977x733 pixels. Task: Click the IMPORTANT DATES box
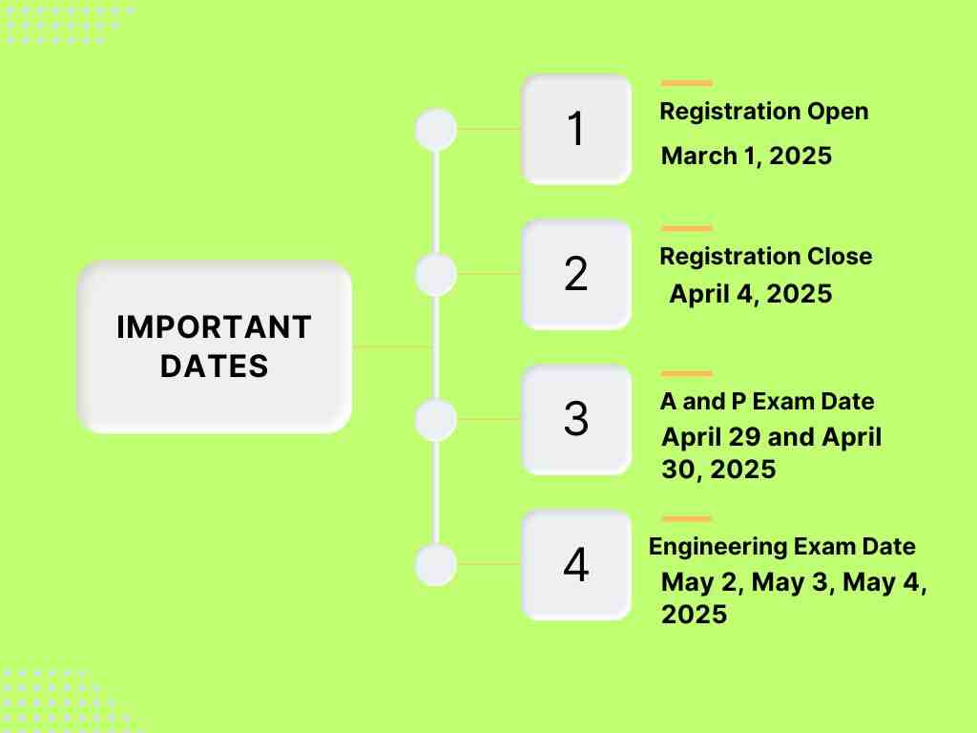point(214,346)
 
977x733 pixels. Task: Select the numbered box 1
point(576,130)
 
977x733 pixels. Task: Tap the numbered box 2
point(576,275)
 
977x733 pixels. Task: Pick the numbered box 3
point(576,420)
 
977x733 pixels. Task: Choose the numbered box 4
point(576,565)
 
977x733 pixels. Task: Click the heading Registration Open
point(764,112)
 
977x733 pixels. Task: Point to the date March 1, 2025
point(746,156)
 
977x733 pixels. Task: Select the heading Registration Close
point(765,257)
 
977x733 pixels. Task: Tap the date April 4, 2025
point(750,294)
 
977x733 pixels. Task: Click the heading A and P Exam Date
point(767,402)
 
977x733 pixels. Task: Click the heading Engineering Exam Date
point(781,547)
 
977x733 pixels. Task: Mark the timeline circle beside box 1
point(436,130)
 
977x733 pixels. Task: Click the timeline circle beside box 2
point(436,275)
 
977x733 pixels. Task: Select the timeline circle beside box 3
point(436,420)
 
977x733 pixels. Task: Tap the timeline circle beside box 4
point(436,565)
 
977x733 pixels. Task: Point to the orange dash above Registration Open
point(686,84)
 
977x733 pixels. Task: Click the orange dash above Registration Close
point(686,229)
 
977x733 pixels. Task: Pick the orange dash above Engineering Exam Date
point(686,519)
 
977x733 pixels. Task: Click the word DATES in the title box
point(214,366)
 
